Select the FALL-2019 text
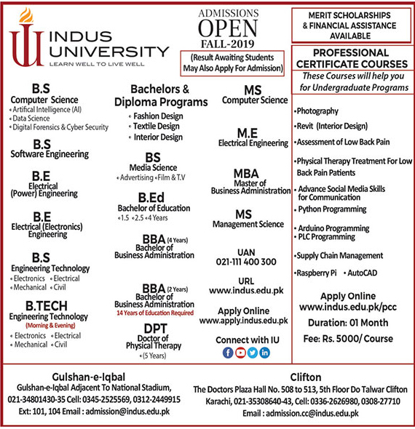coord(229,44)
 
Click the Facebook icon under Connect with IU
coord(228,353)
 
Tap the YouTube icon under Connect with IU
coord(240,353)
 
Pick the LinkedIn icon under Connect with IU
coord(264,353)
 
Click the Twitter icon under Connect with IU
coord(252,353)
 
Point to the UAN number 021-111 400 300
coord(246,262)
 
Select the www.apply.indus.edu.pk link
coord(243,320)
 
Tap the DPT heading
coord(155,329)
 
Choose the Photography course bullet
coord(317,111)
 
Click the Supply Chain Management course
coord(340,256)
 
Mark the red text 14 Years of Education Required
coord(155,313)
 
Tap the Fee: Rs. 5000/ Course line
coord(347,340)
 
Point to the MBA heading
coord(246,174)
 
